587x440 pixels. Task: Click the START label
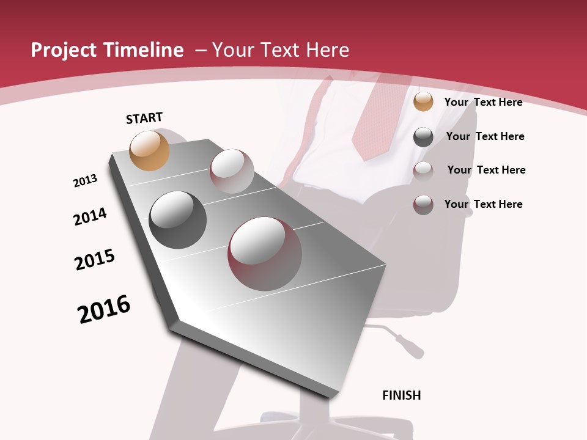tap(144, 118)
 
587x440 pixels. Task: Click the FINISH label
tap(402, 395)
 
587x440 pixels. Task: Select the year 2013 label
tap(85, 181)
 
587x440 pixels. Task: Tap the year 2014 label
tap(90, 216)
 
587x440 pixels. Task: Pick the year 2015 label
tap(95, 260)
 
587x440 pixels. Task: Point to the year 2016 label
tap(104, 309)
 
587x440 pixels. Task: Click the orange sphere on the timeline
tap(150, 150)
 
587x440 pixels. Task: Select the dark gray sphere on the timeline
tap(177, 220)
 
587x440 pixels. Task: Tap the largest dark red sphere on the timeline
tap(265, 254)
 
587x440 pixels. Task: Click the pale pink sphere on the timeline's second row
tap(232, 171)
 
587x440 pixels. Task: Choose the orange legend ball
tap(423, 102)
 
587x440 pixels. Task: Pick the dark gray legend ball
tap(423, 137)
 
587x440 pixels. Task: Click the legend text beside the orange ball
tap(483, 102)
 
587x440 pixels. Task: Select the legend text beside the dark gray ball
tap(485, 136)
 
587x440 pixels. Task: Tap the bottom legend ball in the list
tap(423, 205)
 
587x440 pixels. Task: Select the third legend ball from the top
tap(423, 170)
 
